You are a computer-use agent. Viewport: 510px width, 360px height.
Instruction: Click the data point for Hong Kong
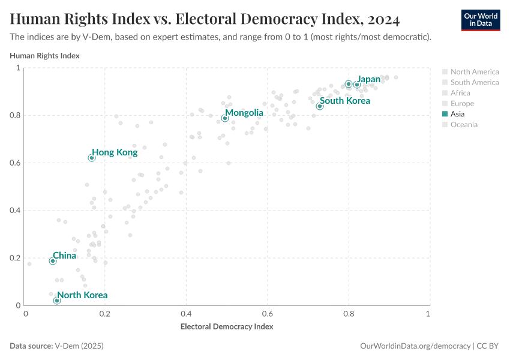click(92, 158)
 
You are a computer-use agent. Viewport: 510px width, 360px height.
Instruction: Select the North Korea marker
click(57, 301)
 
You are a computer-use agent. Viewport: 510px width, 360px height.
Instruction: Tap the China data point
click(53, 261)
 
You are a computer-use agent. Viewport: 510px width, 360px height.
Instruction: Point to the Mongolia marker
click(225, 118)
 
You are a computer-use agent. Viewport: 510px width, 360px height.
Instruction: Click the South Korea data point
click(320, 106)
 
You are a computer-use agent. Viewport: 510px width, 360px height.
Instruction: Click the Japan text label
click(368, 79)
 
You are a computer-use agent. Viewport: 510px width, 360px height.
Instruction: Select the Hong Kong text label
click(115, 152)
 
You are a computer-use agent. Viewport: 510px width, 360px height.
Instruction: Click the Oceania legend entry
click(464, 125)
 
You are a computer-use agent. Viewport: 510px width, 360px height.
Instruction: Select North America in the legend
click(474, 72)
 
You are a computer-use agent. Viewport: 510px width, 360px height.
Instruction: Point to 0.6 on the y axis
click(17, 163)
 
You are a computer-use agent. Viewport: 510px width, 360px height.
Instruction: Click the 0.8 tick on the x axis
click(348, 314)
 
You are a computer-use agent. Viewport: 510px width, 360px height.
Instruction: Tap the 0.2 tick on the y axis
click(17, 258)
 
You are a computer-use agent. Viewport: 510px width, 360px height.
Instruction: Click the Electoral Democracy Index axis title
click(227, 326)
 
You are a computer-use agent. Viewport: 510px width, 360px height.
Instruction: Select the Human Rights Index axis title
click(45, 56)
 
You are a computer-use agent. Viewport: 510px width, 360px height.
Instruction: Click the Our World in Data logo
click(480, 19)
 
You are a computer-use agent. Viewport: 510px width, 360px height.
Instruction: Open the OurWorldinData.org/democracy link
click(416, 346)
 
